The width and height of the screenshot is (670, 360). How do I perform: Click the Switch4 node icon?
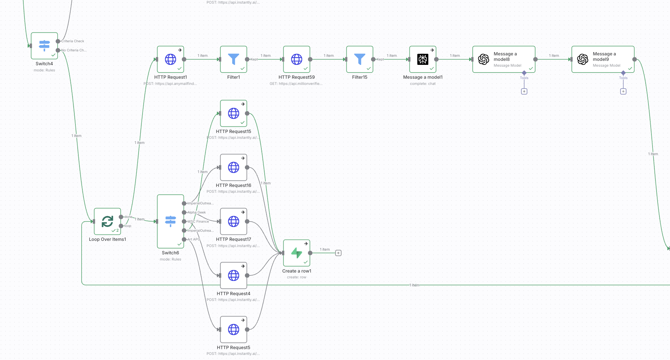(44, 46)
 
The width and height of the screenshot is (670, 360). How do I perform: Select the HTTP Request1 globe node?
(170, 59)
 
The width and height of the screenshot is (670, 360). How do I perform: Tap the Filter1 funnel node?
(233, 59)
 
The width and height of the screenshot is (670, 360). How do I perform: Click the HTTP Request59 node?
(296, 59)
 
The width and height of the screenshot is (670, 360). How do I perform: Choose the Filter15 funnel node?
(359, 59)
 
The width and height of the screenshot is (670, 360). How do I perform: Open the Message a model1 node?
(422, 59)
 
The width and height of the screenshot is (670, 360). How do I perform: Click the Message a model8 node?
(503, 59)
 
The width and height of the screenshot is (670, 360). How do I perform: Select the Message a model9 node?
(603, 59)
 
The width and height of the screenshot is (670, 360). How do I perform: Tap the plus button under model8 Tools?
(524, 91)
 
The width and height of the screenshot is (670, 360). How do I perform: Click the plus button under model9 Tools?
(623, 91)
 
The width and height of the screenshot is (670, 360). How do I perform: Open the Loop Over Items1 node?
(107, 221)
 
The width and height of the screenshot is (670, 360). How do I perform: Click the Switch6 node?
(170, 221)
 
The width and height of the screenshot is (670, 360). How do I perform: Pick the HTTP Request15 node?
(233, 113)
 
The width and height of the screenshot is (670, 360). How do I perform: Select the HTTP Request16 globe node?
(233, 167)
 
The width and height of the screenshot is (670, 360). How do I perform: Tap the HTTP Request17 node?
(233, 221)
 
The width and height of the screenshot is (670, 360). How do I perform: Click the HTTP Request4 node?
(233, 275)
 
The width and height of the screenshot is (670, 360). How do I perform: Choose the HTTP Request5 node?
(233, 329)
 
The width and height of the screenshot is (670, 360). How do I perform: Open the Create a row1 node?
(296, 253)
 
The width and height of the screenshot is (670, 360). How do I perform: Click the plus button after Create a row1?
(338, 253)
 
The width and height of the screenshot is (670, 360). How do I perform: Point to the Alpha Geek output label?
(196, 212)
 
